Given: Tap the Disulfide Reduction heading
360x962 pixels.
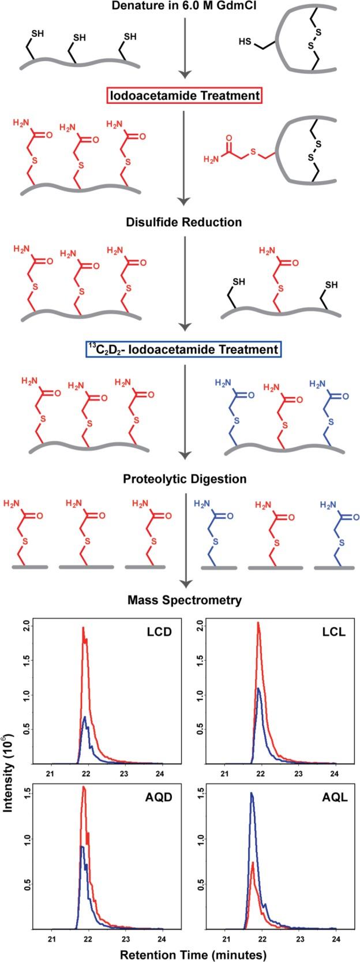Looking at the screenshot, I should coord(182,222).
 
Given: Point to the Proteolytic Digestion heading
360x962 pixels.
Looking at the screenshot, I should coord(185,479).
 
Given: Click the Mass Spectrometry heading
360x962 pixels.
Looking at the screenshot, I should coord(184,600).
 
